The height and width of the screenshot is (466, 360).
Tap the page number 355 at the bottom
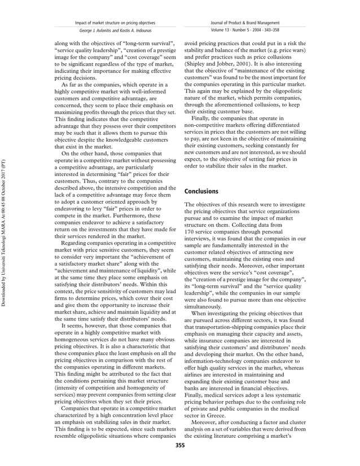180,447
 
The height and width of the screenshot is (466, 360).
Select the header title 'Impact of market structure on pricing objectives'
118,23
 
